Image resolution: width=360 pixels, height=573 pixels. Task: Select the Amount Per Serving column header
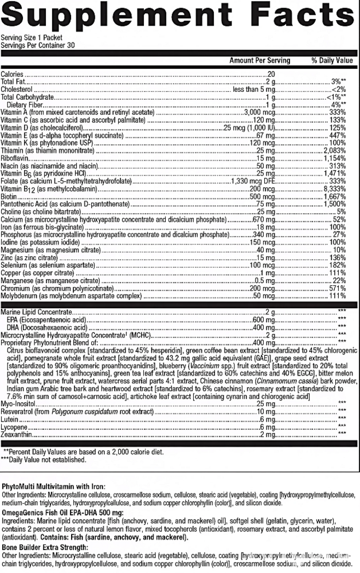click(x=260, y=60)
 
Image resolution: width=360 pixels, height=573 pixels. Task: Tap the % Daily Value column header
click(x=332, y=60)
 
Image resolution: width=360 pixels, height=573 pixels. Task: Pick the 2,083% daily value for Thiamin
click(x=335, y=150)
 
